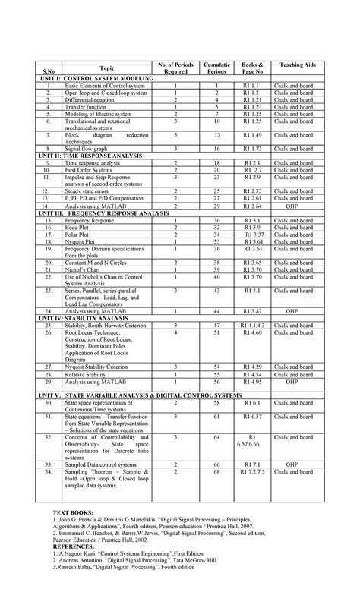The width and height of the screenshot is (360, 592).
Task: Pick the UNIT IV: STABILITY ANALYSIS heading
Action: click(80, 318)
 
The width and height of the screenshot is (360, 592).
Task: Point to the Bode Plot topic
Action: click(78, 227)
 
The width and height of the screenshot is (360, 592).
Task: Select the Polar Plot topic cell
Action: click(78, 234)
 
